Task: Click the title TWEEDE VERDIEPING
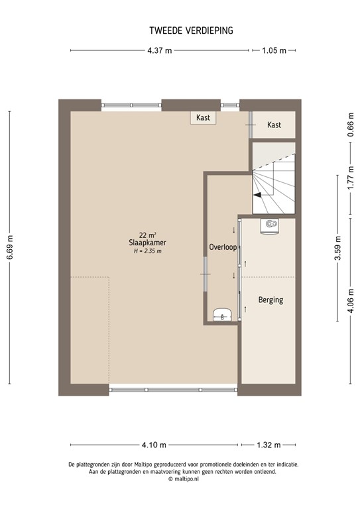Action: [x=181, y=30]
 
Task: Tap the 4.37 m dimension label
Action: [x=160, y=50]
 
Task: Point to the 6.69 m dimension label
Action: [x=9, y=248]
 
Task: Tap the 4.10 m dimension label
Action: [x=154, y=445]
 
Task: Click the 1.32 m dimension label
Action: [x=269, y=445]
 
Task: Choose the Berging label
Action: [x=270, y=300]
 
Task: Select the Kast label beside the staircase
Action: [x=274, y=125]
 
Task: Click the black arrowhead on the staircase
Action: [x=257, y=196]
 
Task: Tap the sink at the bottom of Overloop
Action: [x=222, y=314]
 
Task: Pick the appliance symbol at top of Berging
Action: [x=270, y=225]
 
